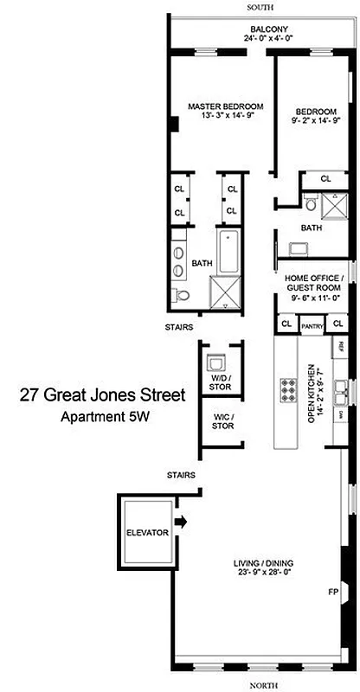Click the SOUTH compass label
point(260,6)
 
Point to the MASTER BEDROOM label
point(225,106)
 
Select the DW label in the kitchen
point(342,416)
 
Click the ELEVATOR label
point(145,533)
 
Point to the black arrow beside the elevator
point(180,522)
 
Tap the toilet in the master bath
point(183,296)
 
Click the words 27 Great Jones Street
point(103,396)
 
